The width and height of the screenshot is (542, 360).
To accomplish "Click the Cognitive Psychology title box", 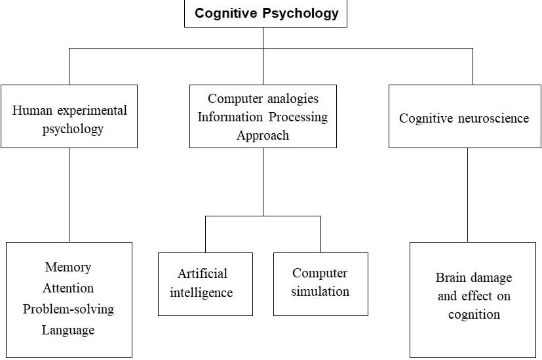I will click(x=265, y=13).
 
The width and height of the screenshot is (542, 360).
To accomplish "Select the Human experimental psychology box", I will click(x=69, y=116).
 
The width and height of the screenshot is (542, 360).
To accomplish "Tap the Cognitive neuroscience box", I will click(x=464, y=116).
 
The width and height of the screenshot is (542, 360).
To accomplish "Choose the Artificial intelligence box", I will click(x=205, y=283).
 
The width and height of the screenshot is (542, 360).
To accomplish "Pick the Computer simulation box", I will click(x=320, y=283).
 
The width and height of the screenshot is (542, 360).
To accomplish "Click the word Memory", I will click(x=68, y=267).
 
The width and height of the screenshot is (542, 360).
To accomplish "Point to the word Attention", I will click(x=68, y=288).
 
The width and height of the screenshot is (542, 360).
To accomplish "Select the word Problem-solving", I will click(x=68, y=309).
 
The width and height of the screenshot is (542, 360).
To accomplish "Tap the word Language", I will click(x=68, y=330).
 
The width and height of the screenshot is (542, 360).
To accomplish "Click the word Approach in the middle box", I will click(x=263, y=136).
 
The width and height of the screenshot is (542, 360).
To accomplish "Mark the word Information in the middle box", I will click(x=231, y=117).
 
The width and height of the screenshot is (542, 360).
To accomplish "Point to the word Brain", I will click(x=450, y=277).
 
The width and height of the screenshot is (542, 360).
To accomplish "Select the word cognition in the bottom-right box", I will click(x=474, y=314).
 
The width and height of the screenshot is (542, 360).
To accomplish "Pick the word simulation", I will click(x=320, y=291).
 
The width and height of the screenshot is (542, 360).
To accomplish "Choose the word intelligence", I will click(x=201, y=292).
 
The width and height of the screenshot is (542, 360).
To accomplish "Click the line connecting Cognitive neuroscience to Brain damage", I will click(x=467, y=195).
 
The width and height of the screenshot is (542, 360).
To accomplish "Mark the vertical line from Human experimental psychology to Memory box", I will click(x=69, y=195).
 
